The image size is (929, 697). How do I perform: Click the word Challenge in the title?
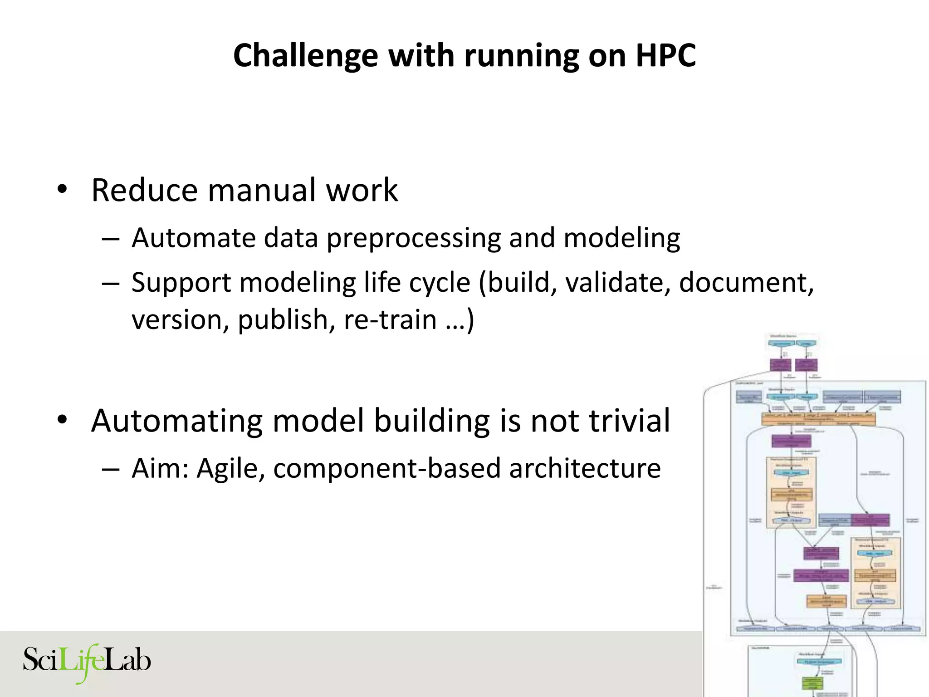click(x=305, y=56)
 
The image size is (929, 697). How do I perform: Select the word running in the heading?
click(x=521, y=56)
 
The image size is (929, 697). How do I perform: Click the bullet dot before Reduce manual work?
click(x=62, y=190)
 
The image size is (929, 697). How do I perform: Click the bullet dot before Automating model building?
click(x=62, y=420)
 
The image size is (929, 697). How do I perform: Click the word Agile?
click(x=230, y=469)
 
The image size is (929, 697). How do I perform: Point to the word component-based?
click(x=386, y=469)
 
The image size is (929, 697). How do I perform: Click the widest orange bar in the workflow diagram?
click(x=818, y=418)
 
